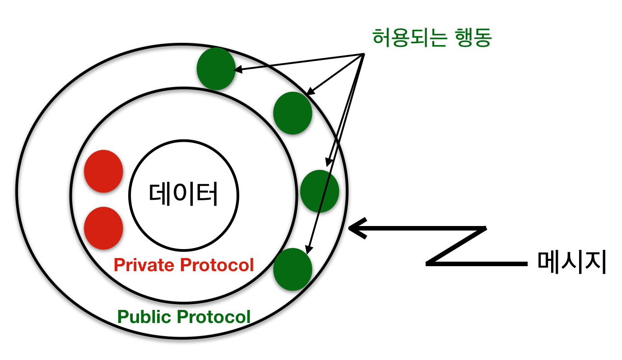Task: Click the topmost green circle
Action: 216,69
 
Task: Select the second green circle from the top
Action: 292,113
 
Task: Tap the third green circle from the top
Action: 320,191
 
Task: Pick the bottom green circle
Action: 292,269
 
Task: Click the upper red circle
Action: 103,171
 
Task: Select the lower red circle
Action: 103,228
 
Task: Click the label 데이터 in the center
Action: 183,194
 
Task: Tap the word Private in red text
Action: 144,265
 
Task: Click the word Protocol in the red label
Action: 217,265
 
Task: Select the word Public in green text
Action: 144,317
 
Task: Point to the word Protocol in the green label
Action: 214,317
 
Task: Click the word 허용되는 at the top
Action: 409,37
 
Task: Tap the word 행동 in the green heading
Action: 473,37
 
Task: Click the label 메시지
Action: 572,262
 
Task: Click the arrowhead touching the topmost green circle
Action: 238,69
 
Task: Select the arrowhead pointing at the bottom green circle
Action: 308,250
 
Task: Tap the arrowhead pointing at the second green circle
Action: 311,91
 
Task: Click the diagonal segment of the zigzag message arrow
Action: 456,246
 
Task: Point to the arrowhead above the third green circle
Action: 329,162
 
